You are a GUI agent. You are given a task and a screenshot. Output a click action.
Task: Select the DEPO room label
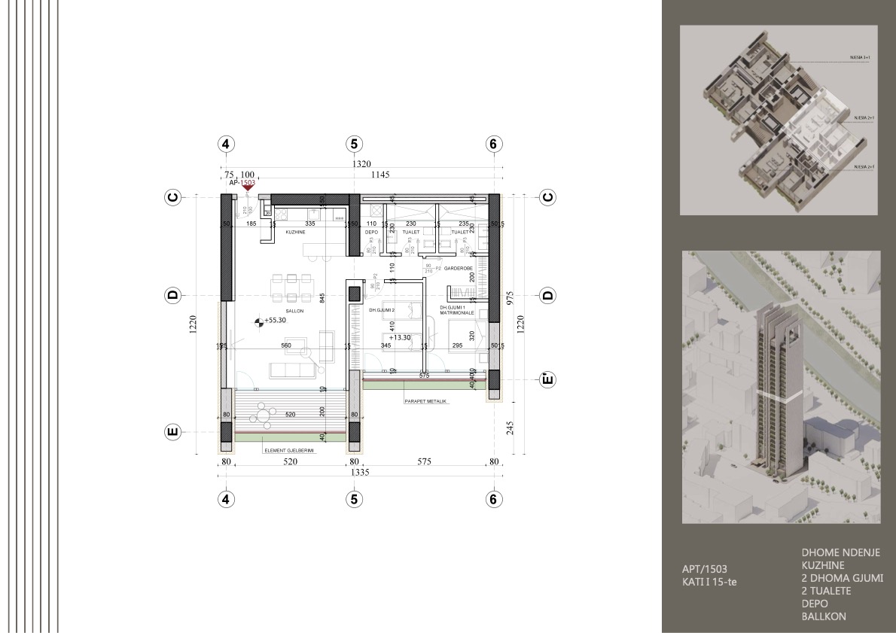click(370, 233)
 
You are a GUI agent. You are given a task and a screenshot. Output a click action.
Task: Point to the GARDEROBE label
click(457, 267)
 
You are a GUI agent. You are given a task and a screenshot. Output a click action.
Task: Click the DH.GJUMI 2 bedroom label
click(383, 309)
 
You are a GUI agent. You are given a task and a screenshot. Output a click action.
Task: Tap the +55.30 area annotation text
click(276, 321)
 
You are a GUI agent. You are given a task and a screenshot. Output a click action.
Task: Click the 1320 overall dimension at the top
click(357, 164)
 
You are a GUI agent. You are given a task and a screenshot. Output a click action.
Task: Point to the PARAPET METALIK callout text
click(425, 401)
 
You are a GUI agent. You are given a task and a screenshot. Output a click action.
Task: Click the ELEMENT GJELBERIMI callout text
click(288, 450)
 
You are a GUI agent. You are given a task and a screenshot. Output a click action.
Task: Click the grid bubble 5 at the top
click(354, 145)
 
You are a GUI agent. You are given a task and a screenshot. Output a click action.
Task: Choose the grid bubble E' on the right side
click(547, 379)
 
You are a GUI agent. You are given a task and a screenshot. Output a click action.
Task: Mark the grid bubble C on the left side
click(172, 197)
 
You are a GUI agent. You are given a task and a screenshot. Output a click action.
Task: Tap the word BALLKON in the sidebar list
click(824, 616)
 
